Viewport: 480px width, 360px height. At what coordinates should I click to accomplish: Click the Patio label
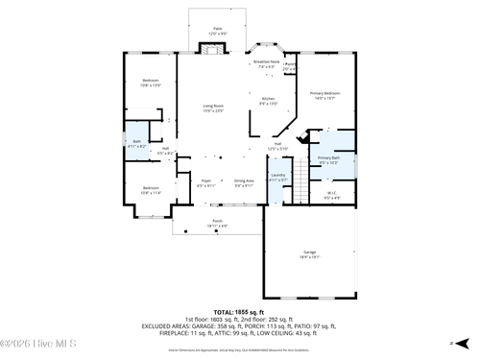tap(218, 32)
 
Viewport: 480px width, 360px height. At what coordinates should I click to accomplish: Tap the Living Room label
tap(213, 108)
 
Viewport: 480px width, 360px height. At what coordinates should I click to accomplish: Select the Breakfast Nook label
tap(266, 63)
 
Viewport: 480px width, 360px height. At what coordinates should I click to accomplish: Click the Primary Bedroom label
tap(324, 95)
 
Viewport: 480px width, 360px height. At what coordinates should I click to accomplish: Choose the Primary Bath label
tap(329, 159)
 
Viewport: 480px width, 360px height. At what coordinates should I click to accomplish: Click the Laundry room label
tap(278, 178)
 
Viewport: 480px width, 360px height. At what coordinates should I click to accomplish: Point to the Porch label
tap(217, 223)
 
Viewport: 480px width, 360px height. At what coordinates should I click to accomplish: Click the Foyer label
tap(205, 182)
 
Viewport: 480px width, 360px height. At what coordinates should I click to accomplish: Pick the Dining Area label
tap(244, 182)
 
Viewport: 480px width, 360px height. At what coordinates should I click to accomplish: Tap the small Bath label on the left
tap(137, 144)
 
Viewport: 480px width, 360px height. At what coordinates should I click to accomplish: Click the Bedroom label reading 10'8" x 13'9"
tap(151, 83)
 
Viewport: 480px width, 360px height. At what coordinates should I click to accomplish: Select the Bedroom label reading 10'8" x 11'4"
tap(151, 189)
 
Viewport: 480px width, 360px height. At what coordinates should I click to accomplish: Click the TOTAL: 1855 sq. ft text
tap(239, 312)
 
